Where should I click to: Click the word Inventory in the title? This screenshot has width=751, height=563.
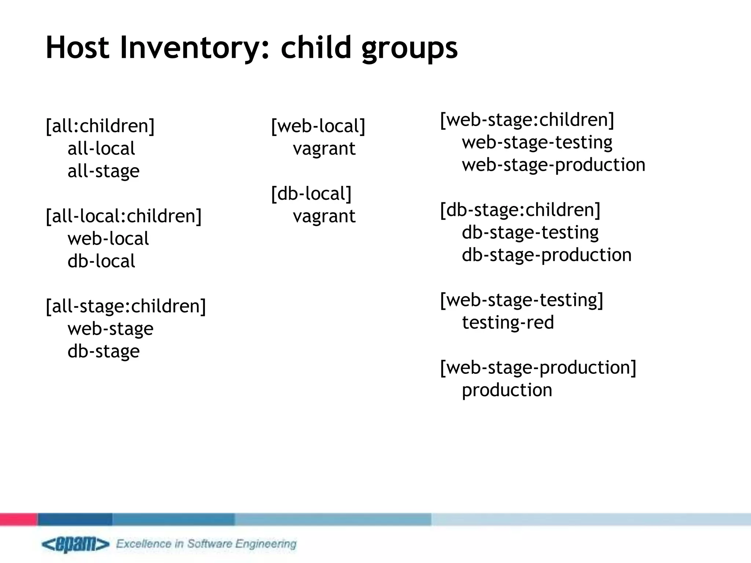(x=195, y=48)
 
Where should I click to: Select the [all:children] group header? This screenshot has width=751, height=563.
(x=100, y=126)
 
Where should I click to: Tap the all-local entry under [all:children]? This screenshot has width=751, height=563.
(x=101, y=149)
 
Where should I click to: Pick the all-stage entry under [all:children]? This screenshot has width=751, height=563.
(x=103, y=171)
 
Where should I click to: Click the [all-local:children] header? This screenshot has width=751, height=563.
(x=124, y=216)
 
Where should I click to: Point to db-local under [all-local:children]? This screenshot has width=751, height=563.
(x=101, y=261)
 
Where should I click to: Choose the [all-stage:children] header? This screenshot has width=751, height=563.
(x=126, y=306)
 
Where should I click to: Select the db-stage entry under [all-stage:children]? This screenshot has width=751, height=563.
(x=103, y=351)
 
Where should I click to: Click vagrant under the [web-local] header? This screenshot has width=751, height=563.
(x=324, y=149)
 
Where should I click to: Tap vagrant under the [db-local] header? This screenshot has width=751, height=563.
(x=324, y=216)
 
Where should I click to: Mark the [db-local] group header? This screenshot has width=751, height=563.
(x=311, y=194)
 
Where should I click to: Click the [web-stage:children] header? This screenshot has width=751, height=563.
(x=527, y=120)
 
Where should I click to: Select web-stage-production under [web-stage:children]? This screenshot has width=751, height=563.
(x=553, y=165)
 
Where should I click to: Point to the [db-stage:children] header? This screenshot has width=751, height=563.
(x=520, y=210)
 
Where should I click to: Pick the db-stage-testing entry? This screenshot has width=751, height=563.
(x=530, y=232)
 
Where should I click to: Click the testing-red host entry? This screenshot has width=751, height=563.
(x=508, y=323)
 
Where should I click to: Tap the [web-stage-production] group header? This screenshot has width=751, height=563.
(x=538, y=368)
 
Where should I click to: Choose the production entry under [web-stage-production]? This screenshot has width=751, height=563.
(x=507, y=390)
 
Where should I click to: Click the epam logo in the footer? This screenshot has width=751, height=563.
(x=75, y=544)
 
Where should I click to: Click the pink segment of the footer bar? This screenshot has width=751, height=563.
(x=18, y=519)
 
